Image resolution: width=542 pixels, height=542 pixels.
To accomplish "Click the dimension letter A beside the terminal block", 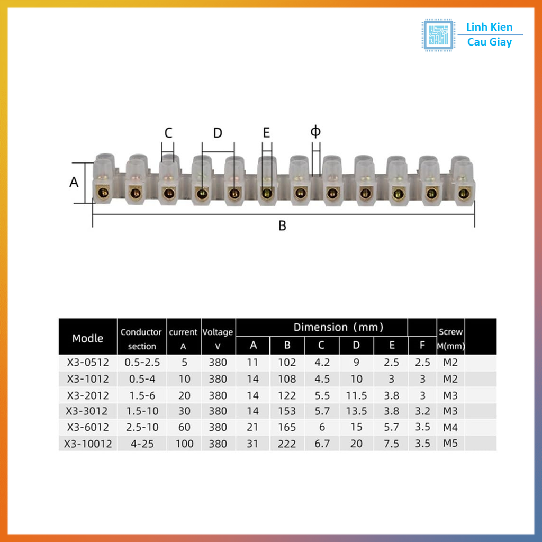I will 74,182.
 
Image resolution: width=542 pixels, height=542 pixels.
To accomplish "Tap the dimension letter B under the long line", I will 283,226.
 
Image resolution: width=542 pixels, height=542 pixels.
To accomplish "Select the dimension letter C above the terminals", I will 168,133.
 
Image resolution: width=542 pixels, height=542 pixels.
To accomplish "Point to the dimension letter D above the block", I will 218,133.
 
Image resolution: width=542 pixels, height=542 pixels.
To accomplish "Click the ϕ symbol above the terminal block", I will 315,131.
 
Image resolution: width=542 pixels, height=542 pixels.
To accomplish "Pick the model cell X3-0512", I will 88,363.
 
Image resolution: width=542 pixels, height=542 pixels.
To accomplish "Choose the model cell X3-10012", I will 88,444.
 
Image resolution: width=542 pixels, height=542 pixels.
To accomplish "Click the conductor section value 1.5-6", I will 142,395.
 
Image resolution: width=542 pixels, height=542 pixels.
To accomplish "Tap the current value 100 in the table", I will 184,444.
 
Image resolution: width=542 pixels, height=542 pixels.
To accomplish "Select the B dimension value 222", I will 287,444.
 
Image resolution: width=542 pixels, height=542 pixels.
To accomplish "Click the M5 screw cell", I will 450,443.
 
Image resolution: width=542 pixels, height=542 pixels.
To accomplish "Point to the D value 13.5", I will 356,411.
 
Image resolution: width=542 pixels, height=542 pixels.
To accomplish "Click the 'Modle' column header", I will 88,338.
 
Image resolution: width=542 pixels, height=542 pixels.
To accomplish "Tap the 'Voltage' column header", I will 218,332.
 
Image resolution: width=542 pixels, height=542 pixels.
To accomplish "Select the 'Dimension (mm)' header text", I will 339,327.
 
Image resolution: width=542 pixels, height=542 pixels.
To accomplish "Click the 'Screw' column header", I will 450,332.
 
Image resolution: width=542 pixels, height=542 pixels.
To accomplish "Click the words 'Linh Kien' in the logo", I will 489,28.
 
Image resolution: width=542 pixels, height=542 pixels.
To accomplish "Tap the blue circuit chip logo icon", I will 438,35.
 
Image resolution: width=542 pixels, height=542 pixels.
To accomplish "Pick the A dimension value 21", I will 253,427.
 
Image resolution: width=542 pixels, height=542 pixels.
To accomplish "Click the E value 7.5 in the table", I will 392,444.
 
